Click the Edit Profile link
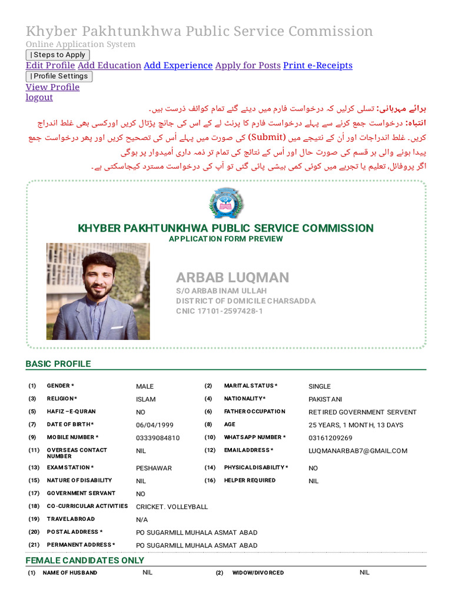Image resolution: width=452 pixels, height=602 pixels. (x=50, y=65)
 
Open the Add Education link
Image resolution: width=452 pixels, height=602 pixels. (x=109, y=65)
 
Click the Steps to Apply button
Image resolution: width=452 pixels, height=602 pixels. (x=58, y=55)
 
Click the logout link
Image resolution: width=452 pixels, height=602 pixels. (x=39, y=97)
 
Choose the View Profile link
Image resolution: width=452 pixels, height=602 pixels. (x=52, y=87)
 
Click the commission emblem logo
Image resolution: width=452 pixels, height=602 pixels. (x=226, y=203)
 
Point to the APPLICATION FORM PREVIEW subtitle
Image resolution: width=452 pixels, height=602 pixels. (x=225, y=239)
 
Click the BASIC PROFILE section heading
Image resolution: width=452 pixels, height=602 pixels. (x=58, y=364)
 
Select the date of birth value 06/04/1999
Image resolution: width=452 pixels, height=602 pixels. (x=155, y=425)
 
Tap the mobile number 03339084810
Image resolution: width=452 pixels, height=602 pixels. (x=158, y=438)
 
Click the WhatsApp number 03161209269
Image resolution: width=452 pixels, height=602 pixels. (x=330, y=438)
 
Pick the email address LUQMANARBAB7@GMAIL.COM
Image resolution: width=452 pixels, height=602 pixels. (x=358, y=451)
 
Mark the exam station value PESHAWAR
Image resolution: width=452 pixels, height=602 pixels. (x=154, y=469)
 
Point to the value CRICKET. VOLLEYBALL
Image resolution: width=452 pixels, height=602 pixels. (x=172, y=507)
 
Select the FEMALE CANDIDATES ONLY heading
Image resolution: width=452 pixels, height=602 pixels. (x=85, y=560)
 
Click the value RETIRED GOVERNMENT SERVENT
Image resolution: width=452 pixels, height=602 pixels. (x=362, y=412)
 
